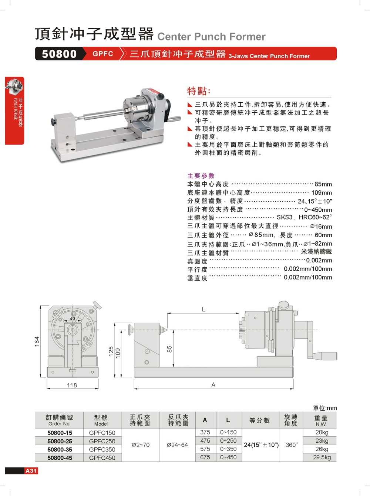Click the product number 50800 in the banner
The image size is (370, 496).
point(59,54)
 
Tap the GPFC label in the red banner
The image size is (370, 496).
point(103,54)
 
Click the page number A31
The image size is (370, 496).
point(31,471)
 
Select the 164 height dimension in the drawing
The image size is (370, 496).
point(37,341)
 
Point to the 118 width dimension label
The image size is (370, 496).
point(72,385)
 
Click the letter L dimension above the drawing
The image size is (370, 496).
point(203,310)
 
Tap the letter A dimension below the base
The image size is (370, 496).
point(213,385)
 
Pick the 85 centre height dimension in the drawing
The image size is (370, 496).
point(169,349)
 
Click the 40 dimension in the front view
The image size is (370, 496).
point(72,318)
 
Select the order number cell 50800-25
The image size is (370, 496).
point(60,441)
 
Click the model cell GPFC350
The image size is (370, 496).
point(102,450)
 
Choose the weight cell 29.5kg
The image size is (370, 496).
point(322,457)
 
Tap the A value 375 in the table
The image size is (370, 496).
point(205,432)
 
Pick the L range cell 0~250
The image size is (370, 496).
point(228,441)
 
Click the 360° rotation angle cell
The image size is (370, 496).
point(292,445)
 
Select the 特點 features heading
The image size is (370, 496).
point(199,91)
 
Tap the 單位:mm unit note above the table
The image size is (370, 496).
point(325,408)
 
